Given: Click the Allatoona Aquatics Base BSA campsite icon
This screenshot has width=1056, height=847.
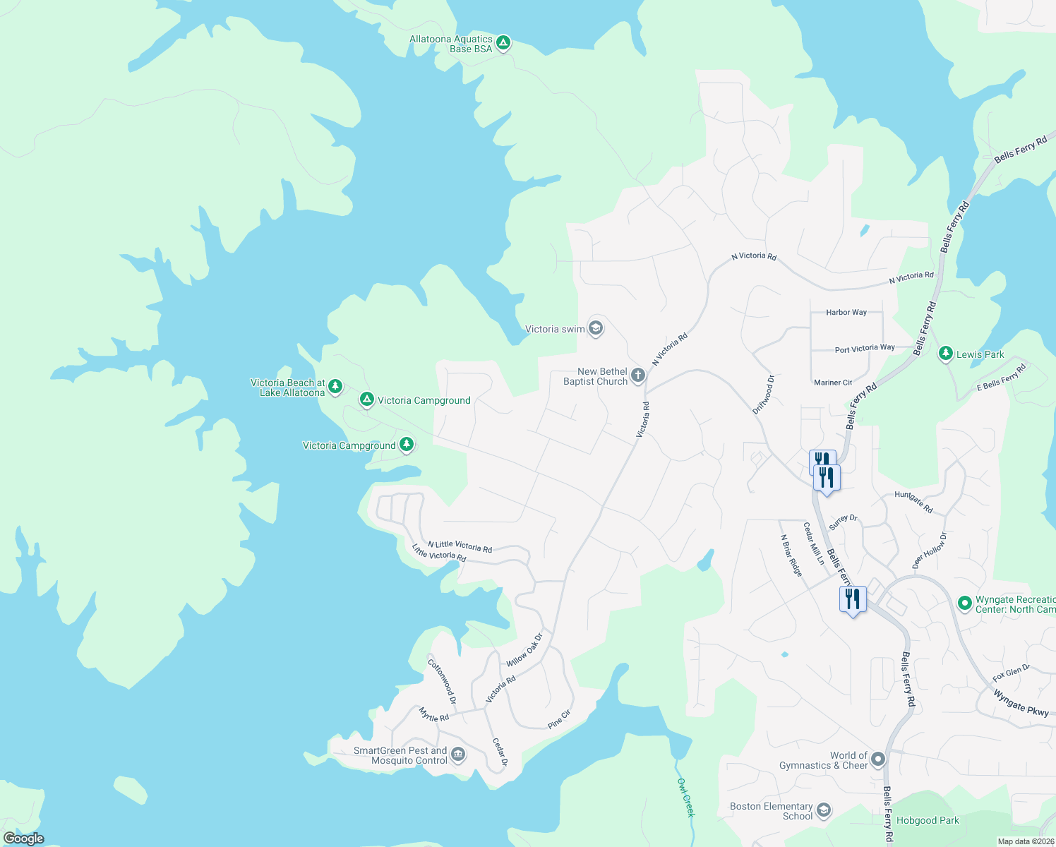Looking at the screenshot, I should (x=503, y=44).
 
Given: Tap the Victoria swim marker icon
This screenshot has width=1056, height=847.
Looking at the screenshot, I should (x=596, y=329).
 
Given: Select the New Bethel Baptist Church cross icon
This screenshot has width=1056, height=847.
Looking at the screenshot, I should (x=638, y=376).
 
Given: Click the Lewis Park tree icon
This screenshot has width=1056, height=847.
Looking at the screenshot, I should (x=946, y=354).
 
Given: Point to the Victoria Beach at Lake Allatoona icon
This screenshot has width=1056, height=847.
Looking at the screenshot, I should (x=335, y=386).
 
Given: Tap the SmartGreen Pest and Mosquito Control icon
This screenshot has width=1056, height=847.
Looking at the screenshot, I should (x=458, y=756).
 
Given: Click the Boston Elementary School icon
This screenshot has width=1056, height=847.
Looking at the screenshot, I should (x=823, y=811).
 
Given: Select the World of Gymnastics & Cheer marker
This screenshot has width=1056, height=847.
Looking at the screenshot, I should (x=878, y=759).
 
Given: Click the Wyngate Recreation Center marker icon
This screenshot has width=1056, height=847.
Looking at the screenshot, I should (x=964, y=603).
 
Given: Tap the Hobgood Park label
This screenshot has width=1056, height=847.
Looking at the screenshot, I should (x=928, y=820).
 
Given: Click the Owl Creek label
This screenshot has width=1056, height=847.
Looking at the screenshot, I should (x=686, y=798).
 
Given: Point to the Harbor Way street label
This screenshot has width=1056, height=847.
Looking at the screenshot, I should (x=846, y=312).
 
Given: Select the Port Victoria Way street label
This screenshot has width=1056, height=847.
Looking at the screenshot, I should (x=865, y=349).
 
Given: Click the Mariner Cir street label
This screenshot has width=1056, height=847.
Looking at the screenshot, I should (x=833, y=383).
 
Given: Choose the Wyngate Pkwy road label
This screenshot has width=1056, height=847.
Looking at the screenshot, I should (x=1021, y=702).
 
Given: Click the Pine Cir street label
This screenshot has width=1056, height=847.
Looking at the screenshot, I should (x=559, y=719).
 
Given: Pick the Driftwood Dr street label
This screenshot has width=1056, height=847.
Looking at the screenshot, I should (x=763, y=395).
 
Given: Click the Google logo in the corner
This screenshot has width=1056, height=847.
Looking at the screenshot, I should (x=23, y=839).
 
